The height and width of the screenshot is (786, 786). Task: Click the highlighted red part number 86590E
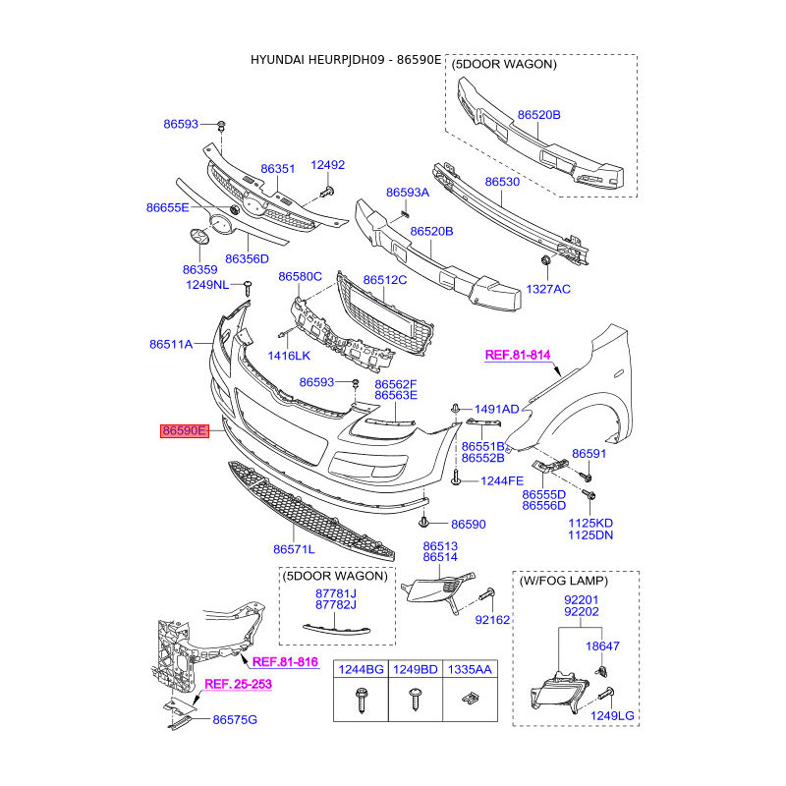pos(185,430)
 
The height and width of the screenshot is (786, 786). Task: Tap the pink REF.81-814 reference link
pos(518,355)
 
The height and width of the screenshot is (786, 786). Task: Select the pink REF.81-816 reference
pos(285,661)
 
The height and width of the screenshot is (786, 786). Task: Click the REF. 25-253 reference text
pos(238,684)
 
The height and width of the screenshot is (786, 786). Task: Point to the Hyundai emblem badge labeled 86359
pos(199,237)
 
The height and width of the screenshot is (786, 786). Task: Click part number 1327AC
pos(548,289)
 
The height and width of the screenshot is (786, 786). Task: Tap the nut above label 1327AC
pos(545,259)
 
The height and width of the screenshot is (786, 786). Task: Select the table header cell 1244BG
pos(361,669)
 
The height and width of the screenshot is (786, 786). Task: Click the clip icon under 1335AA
pos(470,698)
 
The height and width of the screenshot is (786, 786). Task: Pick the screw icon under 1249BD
pos(416,699)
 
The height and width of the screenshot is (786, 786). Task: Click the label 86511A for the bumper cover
pos(171,344)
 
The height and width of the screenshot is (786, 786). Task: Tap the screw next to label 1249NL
pos(248,288)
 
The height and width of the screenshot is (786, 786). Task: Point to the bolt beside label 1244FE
pos(456,477)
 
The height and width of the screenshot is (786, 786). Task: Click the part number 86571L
pos(294,549)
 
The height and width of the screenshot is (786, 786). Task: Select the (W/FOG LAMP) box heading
pos(563,581)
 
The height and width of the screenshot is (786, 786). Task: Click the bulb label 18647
pos(602,646)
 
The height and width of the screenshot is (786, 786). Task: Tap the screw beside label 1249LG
pos(606,694)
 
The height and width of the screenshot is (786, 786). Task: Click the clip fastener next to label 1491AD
pos(456,409)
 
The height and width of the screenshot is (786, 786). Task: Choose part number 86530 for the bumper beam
pos(502,182)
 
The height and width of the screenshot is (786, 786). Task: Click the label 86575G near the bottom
pos(235,720)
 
